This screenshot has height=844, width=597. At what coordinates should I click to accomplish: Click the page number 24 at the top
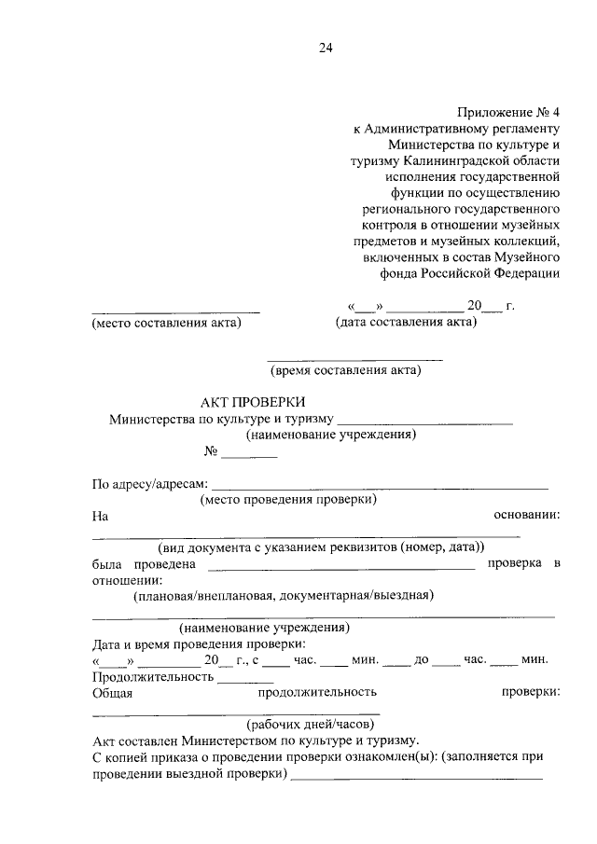326,48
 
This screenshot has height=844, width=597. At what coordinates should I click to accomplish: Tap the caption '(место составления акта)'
166,323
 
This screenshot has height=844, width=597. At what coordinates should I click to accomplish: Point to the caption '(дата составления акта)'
406,323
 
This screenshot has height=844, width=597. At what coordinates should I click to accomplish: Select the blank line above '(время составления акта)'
354,359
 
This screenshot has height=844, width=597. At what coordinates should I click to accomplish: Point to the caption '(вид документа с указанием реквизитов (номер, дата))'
323,547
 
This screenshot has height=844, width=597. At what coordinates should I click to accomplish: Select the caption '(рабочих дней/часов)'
311,723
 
